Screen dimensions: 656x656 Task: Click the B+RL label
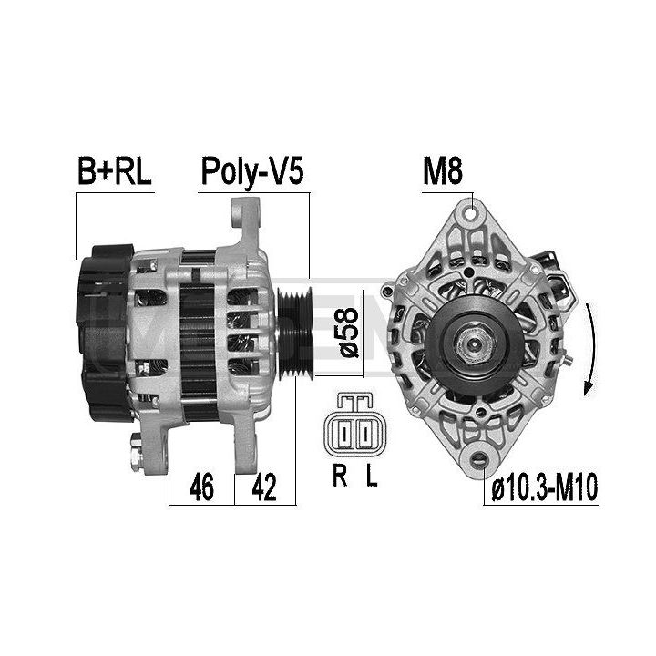[x=114, y=171]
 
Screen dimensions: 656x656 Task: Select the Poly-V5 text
[x=252, y=172]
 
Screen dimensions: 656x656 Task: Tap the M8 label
[x=443, y=171]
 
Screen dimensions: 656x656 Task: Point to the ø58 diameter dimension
[x=349, y=333]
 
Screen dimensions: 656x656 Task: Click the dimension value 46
[x=201, y=487]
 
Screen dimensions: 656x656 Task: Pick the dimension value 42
[x=264, y=487]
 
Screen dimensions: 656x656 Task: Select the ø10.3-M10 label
[x=544, y=487]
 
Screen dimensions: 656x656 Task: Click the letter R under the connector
[x=340, y=476]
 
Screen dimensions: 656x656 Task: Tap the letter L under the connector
[x=372, y=476]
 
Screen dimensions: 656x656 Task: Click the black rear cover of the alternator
[x=105, y=333]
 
